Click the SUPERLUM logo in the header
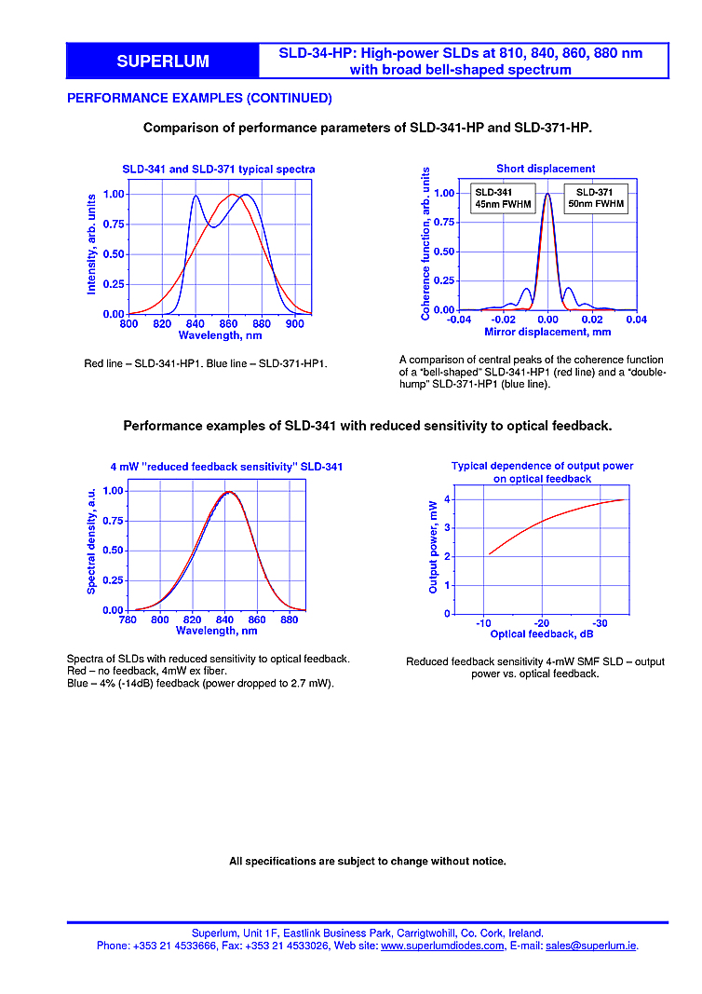tap(163, 61)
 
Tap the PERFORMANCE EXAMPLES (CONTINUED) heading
tap(199, 98)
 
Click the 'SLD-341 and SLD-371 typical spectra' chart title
tap(219, 170)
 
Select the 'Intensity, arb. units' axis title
tap(91, 244)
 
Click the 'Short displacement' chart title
tap(546, 169)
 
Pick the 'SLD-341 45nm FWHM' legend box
tap(501, 197)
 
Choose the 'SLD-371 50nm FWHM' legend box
tap(596, 197)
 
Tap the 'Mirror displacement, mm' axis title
tap(547, 332)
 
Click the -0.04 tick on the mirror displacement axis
tap(458, 320)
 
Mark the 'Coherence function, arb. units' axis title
tap(426, 244)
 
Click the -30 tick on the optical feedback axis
tap(600, 622)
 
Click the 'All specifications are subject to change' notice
tap(368, 861)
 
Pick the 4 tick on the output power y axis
tap(448, 499)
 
